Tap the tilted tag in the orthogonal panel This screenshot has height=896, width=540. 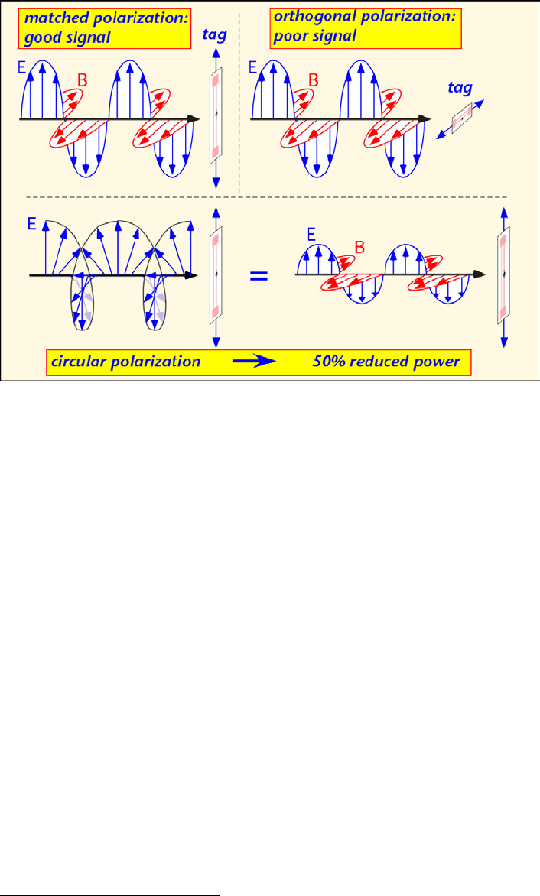click(x=461, y=119)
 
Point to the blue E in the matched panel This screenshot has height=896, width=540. click(x=21, y=68)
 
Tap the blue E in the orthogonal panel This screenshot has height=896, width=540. click(x=254, y=68)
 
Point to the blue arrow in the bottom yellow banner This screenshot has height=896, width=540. click(x=258, y=362)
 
